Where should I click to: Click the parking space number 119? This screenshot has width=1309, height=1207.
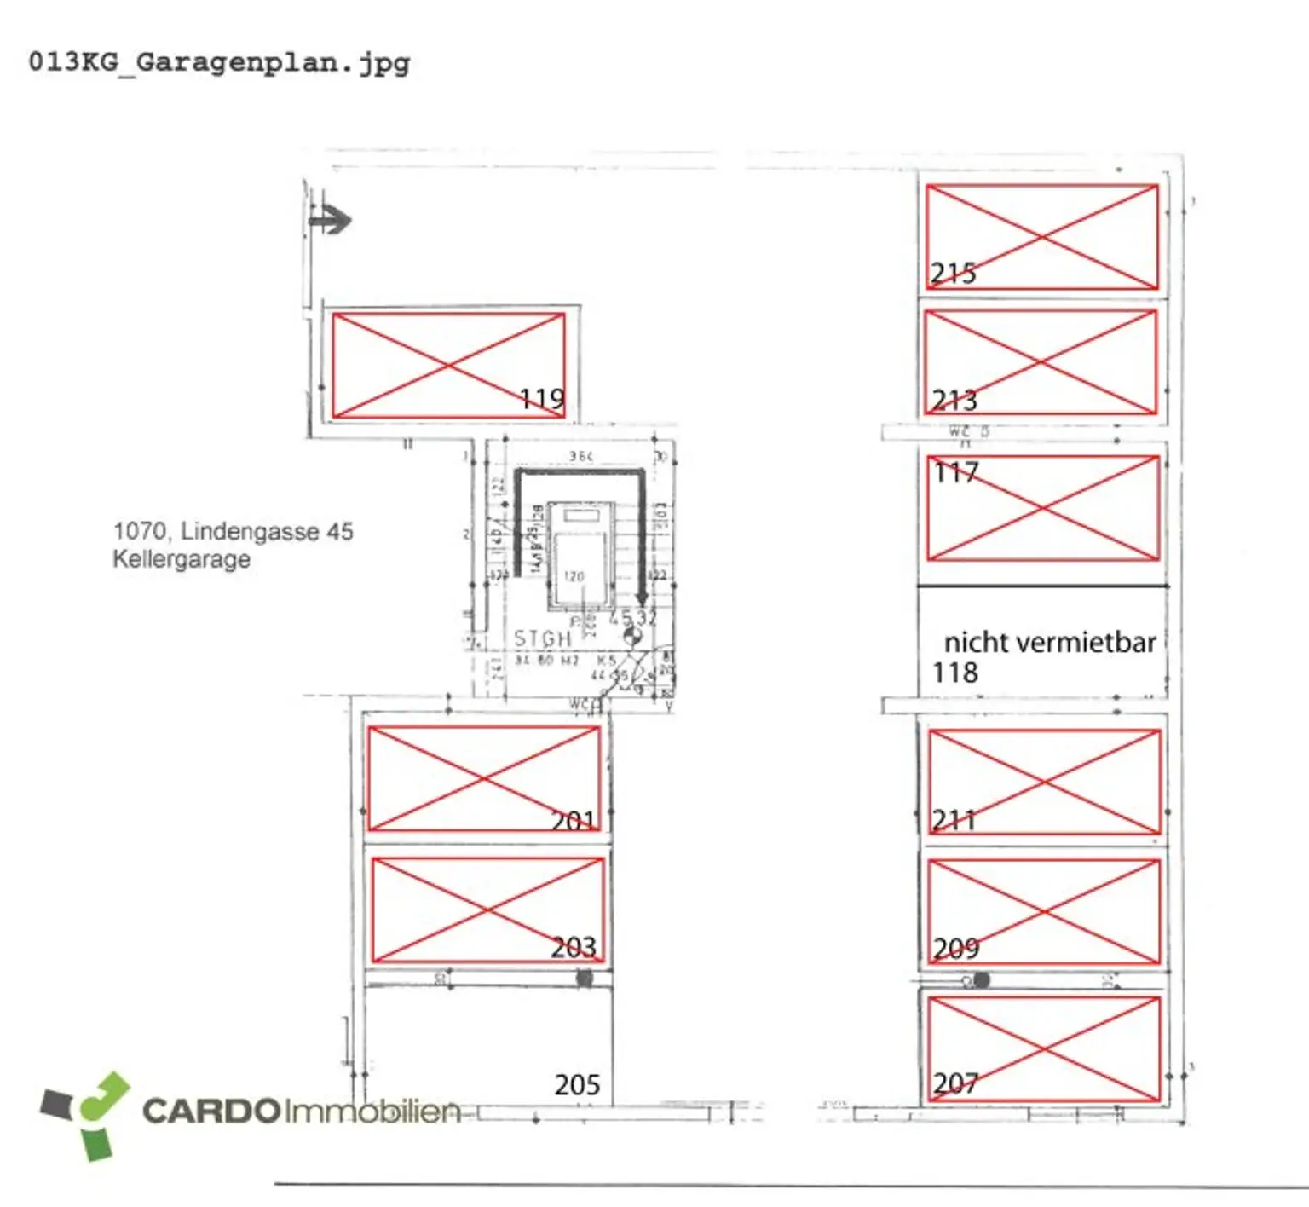click(543, 398)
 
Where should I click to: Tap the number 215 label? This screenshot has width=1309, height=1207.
click(953, 273)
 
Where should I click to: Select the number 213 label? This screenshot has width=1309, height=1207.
click(954, 400)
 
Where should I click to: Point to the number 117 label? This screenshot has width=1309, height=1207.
click(956, 472)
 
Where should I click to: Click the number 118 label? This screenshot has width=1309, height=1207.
click(955, 673)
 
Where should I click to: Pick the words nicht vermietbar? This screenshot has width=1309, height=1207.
click(1050, 642)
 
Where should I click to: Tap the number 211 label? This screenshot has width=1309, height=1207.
click(953, 820)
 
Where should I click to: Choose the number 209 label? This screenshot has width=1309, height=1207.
click(955, 948)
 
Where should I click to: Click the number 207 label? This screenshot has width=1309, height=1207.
click(954, 1083)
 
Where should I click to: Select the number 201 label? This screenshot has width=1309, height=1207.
click(574, 821)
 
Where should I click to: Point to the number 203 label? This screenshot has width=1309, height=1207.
click(574, 947)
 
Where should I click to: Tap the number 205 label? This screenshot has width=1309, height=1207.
click(577, 1084)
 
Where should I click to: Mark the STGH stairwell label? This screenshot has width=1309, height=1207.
click(542, 638)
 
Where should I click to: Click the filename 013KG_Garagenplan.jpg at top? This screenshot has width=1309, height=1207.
click(219, 62)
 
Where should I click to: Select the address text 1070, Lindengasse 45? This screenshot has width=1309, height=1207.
click(233, 531)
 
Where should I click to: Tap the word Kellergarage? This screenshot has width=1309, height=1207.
click(182, 559)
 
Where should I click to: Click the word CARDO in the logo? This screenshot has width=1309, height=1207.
click(210, 1111)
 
